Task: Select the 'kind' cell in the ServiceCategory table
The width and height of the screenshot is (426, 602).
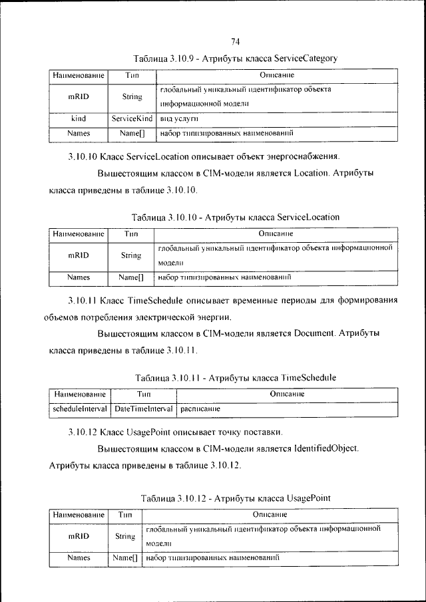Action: pyautogui.click(x=79, y=118)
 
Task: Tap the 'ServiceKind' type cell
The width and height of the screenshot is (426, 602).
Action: pyautogui.click(x=132, y=118)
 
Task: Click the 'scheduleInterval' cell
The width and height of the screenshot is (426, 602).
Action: pyautogui.click(x=80, y=407)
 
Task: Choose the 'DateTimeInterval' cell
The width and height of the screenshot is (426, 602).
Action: pyautogui.click(x=144, y=407)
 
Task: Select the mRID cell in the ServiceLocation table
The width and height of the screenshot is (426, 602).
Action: pyautogui.click(x=79, y=255)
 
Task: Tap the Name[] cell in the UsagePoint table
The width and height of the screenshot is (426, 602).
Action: pyautogui.click(x=124, y=559)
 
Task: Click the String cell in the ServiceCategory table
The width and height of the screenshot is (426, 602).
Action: pyautogui.click(x=132, y=96)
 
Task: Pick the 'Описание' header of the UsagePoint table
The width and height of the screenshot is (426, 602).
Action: pyautogui.click(x=270, y=515)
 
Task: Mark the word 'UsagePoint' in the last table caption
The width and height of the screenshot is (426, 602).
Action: pyautogui.click(x=309, y=498)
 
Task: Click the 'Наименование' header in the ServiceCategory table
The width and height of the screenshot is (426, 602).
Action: pyautogui.click(x=79, y=75)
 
